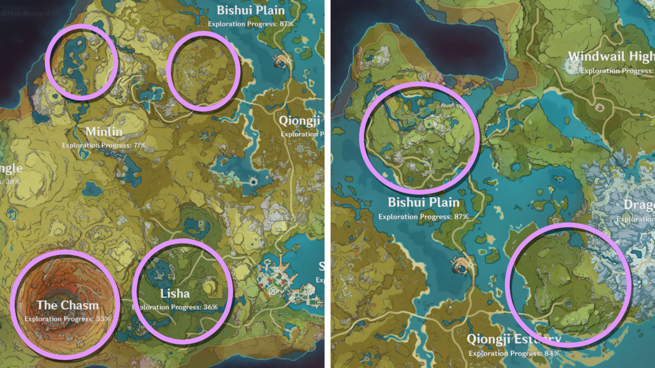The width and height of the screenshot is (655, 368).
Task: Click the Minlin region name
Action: pos(104,132)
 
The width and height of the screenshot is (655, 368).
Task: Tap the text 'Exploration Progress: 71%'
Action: pos(104,145)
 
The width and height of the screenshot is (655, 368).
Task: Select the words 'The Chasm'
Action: pos(67,305)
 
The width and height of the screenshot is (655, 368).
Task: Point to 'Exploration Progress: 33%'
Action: pos(67,318)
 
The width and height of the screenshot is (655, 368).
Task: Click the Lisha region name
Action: pos(175,294)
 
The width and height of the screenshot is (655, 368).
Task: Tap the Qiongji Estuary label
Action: pos(513,340)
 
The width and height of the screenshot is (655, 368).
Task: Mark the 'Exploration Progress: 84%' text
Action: pos(513,353)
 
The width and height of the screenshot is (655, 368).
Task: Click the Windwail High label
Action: pos(610,56)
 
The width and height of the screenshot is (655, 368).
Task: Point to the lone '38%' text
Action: pos(10,181)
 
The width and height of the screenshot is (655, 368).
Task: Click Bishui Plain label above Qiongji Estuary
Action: pos(424,203)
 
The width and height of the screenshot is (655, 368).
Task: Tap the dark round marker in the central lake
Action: pos(254,182)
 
